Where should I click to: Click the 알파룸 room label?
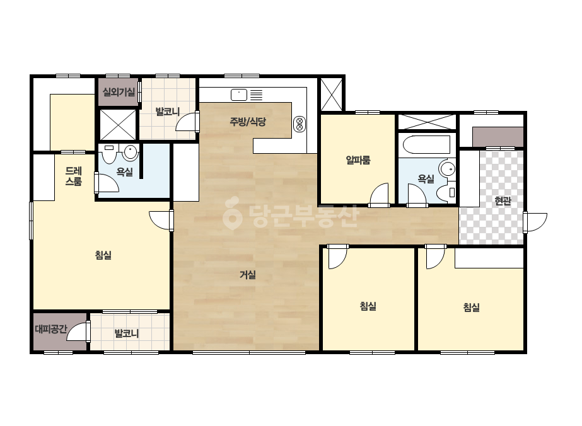pos(358,160)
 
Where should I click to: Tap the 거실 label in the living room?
pos(248,275)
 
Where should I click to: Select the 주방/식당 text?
pos(248,122)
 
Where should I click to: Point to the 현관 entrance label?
pos(503,201)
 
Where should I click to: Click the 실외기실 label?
pos(119,91)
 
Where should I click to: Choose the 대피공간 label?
pos(51,329)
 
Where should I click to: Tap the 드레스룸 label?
pos(74,176)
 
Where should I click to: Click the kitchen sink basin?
pos(239,95)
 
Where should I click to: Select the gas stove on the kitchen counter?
pos(300,124)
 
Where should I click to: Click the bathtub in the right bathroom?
pos(426,145)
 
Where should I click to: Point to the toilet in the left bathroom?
pos(109,154)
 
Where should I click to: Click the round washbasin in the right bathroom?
pos(447,169)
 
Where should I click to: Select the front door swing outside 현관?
pos(537,222)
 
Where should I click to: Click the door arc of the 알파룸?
pos(380,193)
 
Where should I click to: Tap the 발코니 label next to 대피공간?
pos(127,333)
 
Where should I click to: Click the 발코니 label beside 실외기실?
pos(167,112)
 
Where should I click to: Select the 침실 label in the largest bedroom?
pos(103,255)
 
